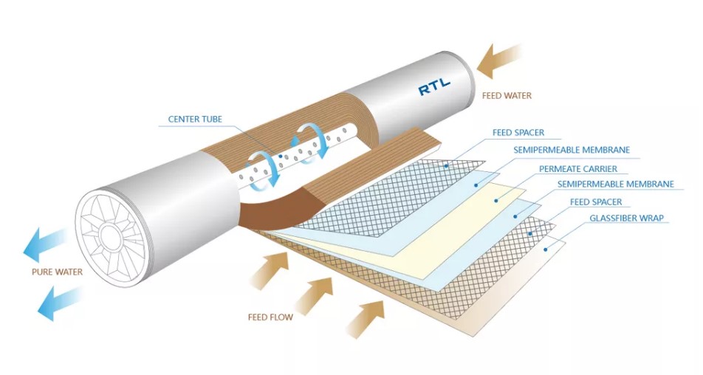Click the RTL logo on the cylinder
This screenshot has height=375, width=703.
click(x=434, y=87)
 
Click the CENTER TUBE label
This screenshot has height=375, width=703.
click(x=195, y=119)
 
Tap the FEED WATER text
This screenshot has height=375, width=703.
click(x=507, y=95)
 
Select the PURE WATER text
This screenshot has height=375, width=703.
click(x=57, y=272)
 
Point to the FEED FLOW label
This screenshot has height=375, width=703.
click(x=270, y=317)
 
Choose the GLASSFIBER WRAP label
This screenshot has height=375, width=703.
click(x=626, y=219)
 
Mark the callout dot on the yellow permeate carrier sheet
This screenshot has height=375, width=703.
click(x=496, y=201)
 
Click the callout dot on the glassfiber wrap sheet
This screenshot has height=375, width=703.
click(x=546, y=250)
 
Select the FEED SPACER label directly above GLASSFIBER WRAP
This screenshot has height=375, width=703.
click(x=596, y=202)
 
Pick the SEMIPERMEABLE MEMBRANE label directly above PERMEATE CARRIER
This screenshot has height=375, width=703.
click(x=572, y=150)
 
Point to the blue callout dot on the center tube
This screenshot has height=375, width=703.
click(x=280, y=156)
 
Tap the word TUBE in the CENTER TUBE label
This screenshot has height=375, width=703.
click(x=210, y=119)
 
